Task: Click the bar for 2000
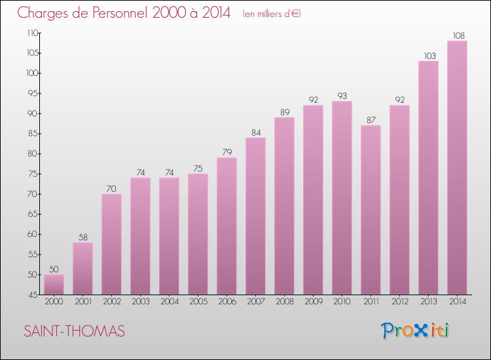(x=54, y=285)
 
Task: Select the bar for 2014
(x=457, y=168)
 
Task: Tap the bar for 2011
(x=371, y=210)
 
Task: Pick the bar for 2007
(x=255, y=216)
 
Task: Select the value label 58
(x=82, y=237)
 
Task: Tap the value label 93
(x=342, y=96)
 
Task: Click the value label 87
(x=371, y=120)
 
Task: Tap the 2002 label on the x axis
(x=111, y=302)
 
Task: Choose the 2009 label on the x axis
(x=313, y=302)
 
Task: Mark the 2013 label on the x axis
(x=428, y=302)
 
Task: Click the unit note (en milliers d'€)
(x=271, y=13)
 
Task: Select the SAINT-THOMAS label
(x=74, y=331)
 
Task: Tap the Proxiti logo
(x=415, y=331)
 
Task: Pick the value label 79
(x=227, y=152)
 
